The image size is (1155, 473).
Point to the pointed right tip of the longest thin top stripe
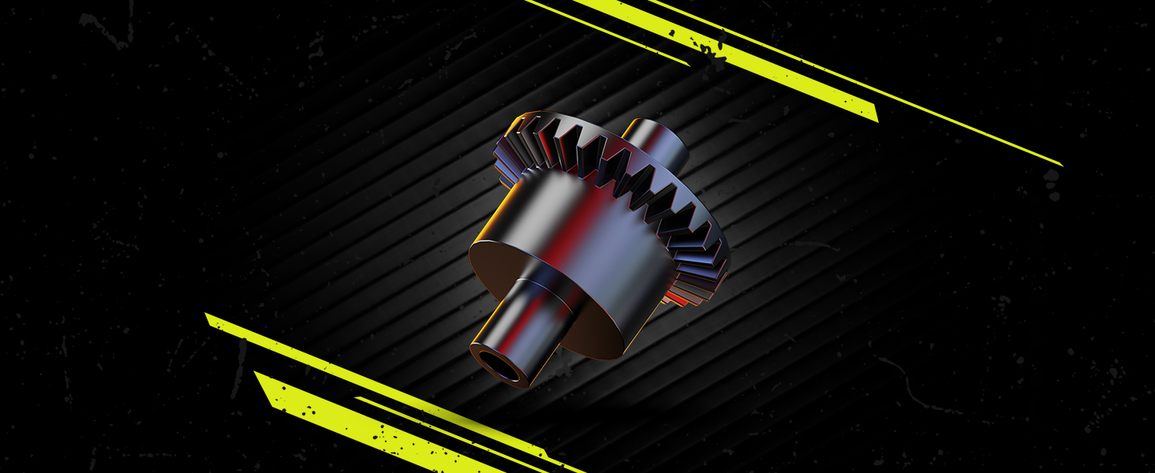click(1062, 166)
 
